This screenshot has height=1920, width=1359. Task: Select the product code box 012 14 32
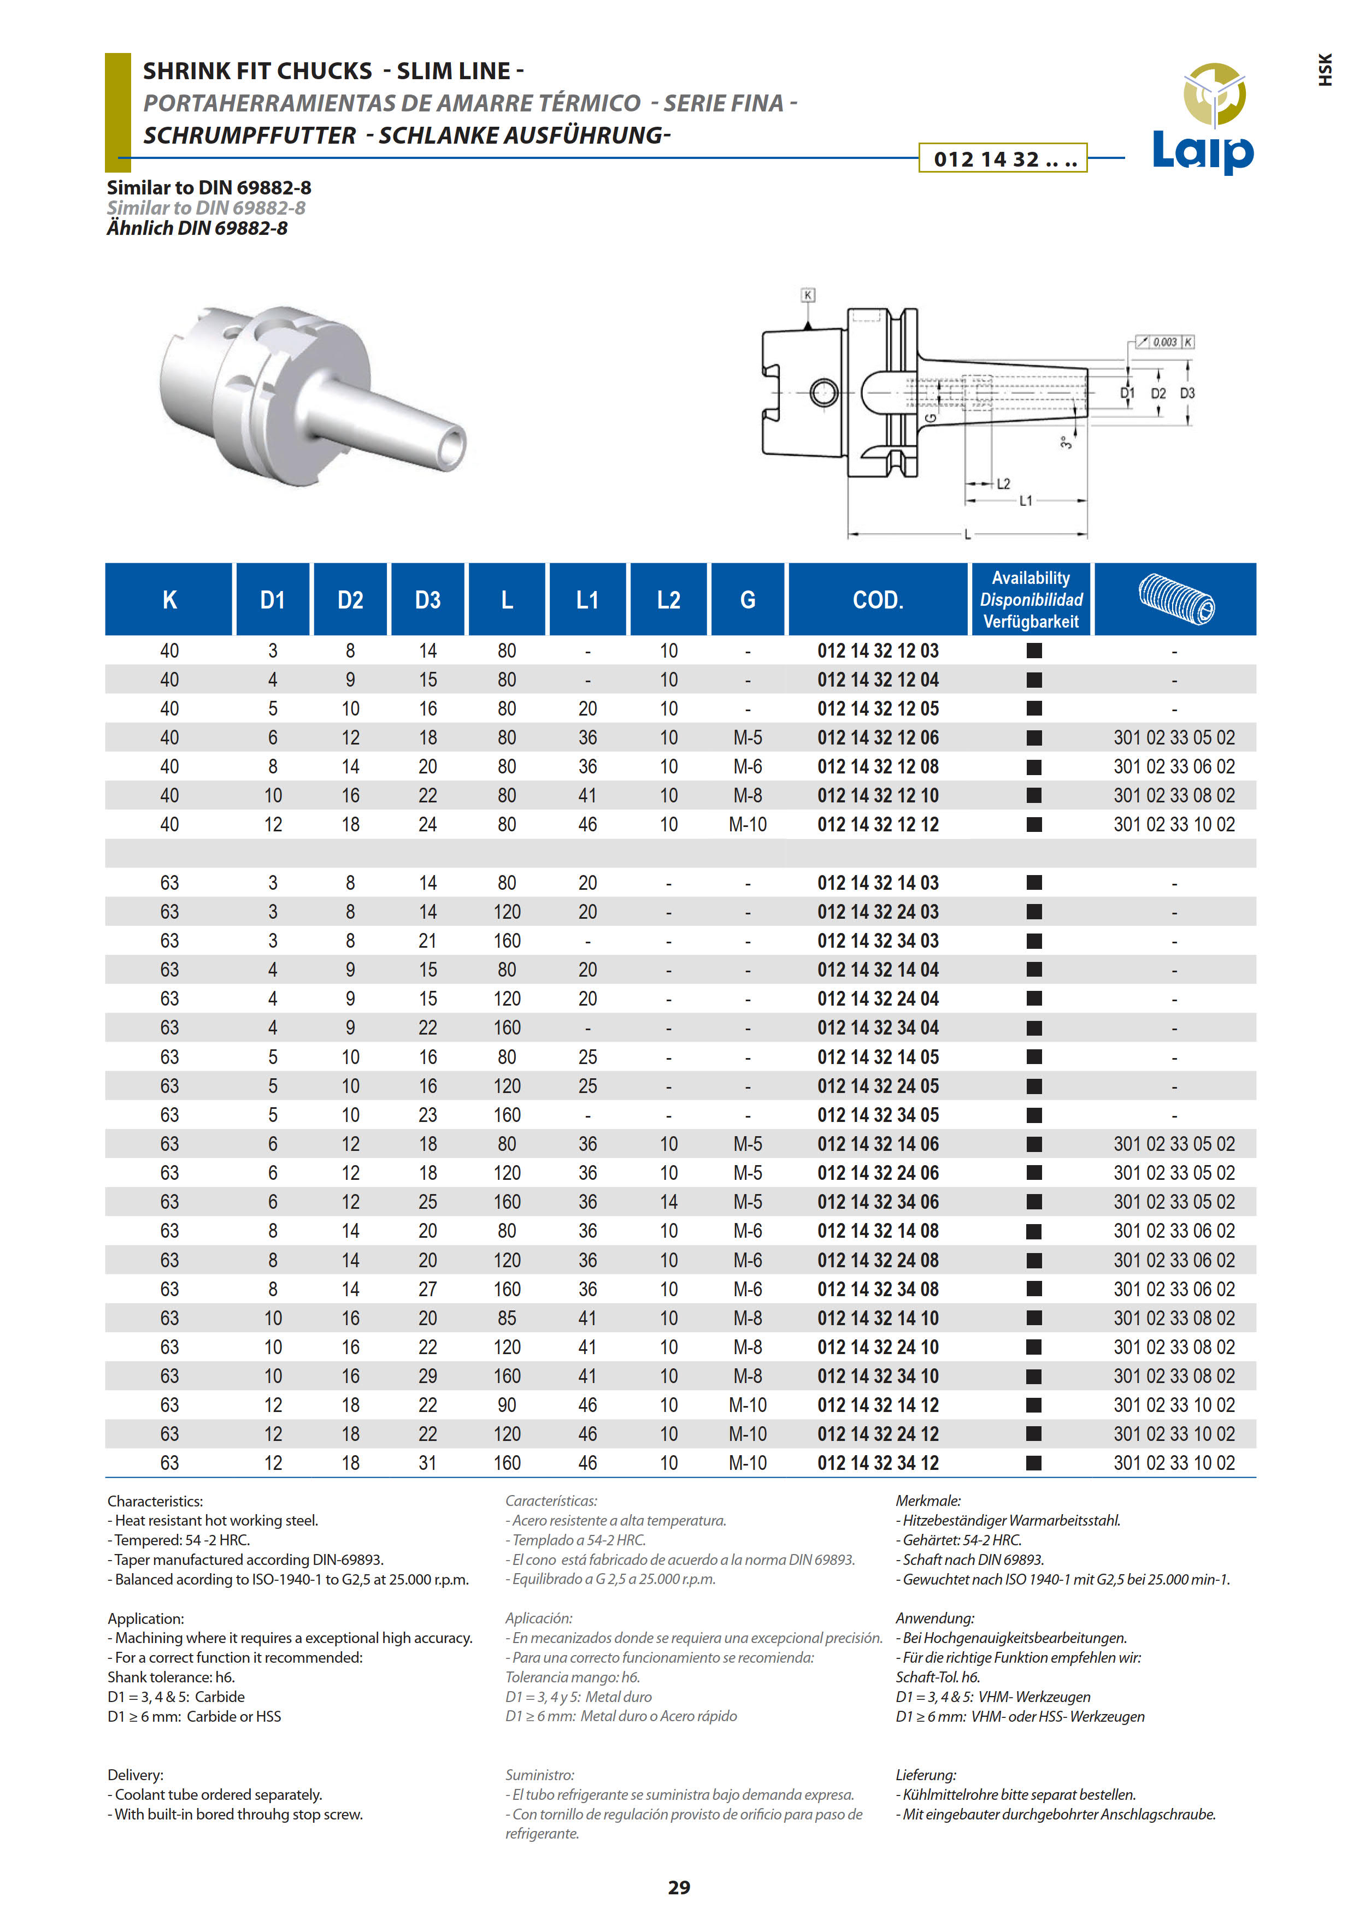click(x=1003, y=158)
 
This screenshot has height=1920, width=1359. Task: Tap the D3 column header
click(x=428, y=600)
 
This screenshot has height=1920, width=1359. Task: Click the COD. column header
click(x=878, y=600)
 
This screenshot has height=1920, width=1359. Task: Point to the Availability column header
click(x=1031, y=600)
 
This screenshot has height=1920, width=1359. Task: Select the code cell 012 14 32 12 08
click(x=878, y=766)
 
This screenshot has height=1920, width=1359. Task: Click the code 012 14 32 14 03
click(x=878, y=883)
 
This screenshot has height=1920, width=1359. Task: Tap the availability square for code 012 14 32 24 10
click(x=1034, y=1347)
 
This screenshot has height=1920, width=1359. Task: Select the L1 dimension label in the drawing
click(x=1026, y=501)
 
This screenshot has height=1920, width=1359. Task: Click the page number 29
click(x=679, y=1887)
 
